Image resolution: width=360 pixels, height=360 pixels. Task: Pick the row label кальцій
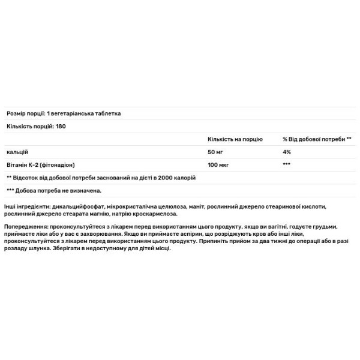(17, 152)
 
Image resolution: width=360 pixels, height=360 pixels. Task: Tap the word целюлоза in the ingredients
(170, 206)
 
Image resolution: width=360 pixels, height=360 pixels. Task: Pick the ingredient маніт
(196, 206)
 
